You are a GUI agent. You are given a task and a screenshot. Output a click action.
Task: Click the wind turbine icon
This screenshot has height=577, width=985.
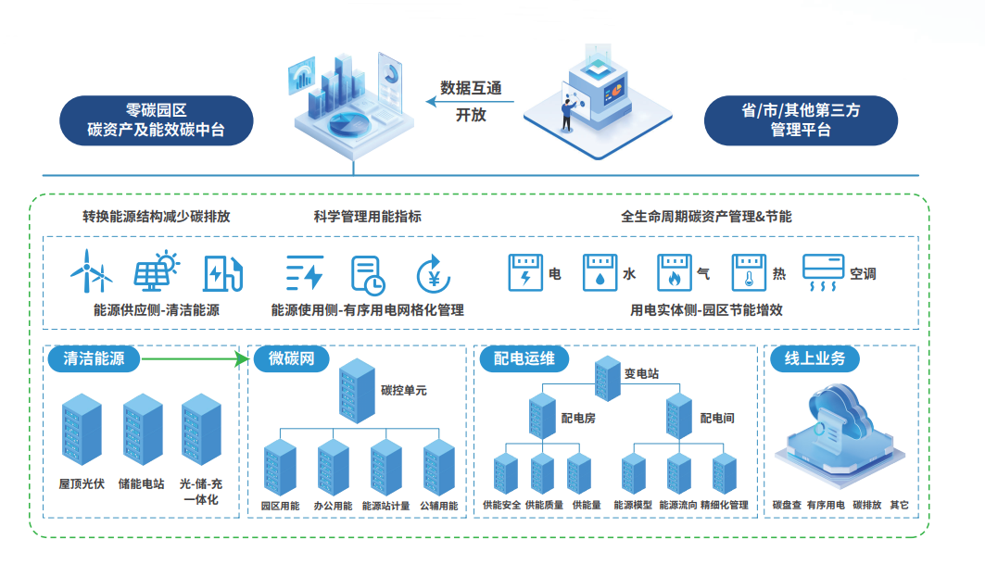(91, 270)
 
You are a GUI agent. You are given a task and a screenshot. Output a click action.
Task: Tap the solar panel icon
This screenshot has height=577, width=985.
(156, 270)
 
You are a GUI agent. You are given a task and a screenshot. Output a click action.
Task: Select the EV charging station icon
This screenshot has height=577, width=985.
(223, 272)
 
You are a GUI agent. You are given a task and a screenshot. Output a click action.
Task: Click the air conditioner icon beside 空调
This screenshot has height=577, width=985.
(823, 273)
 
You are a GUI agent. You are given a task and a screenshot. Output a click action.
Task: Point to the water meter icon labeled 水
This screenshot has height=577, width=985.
(600, 273)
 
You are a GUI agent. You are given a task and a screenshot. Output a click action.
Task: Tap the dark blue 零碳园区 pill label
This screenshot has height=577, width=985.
(156, 119)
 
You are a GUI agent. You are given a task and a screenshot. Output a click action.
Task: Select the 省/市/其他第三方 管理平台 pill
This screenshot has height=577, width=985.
(801, 119)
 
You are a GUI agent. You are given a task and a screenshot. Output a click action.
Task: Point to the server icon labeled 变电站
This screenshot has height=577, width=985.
(608, 374)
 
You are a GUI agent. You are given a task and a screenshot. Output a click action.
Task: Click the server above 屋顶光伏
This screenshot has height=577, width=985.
(81, 432)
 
